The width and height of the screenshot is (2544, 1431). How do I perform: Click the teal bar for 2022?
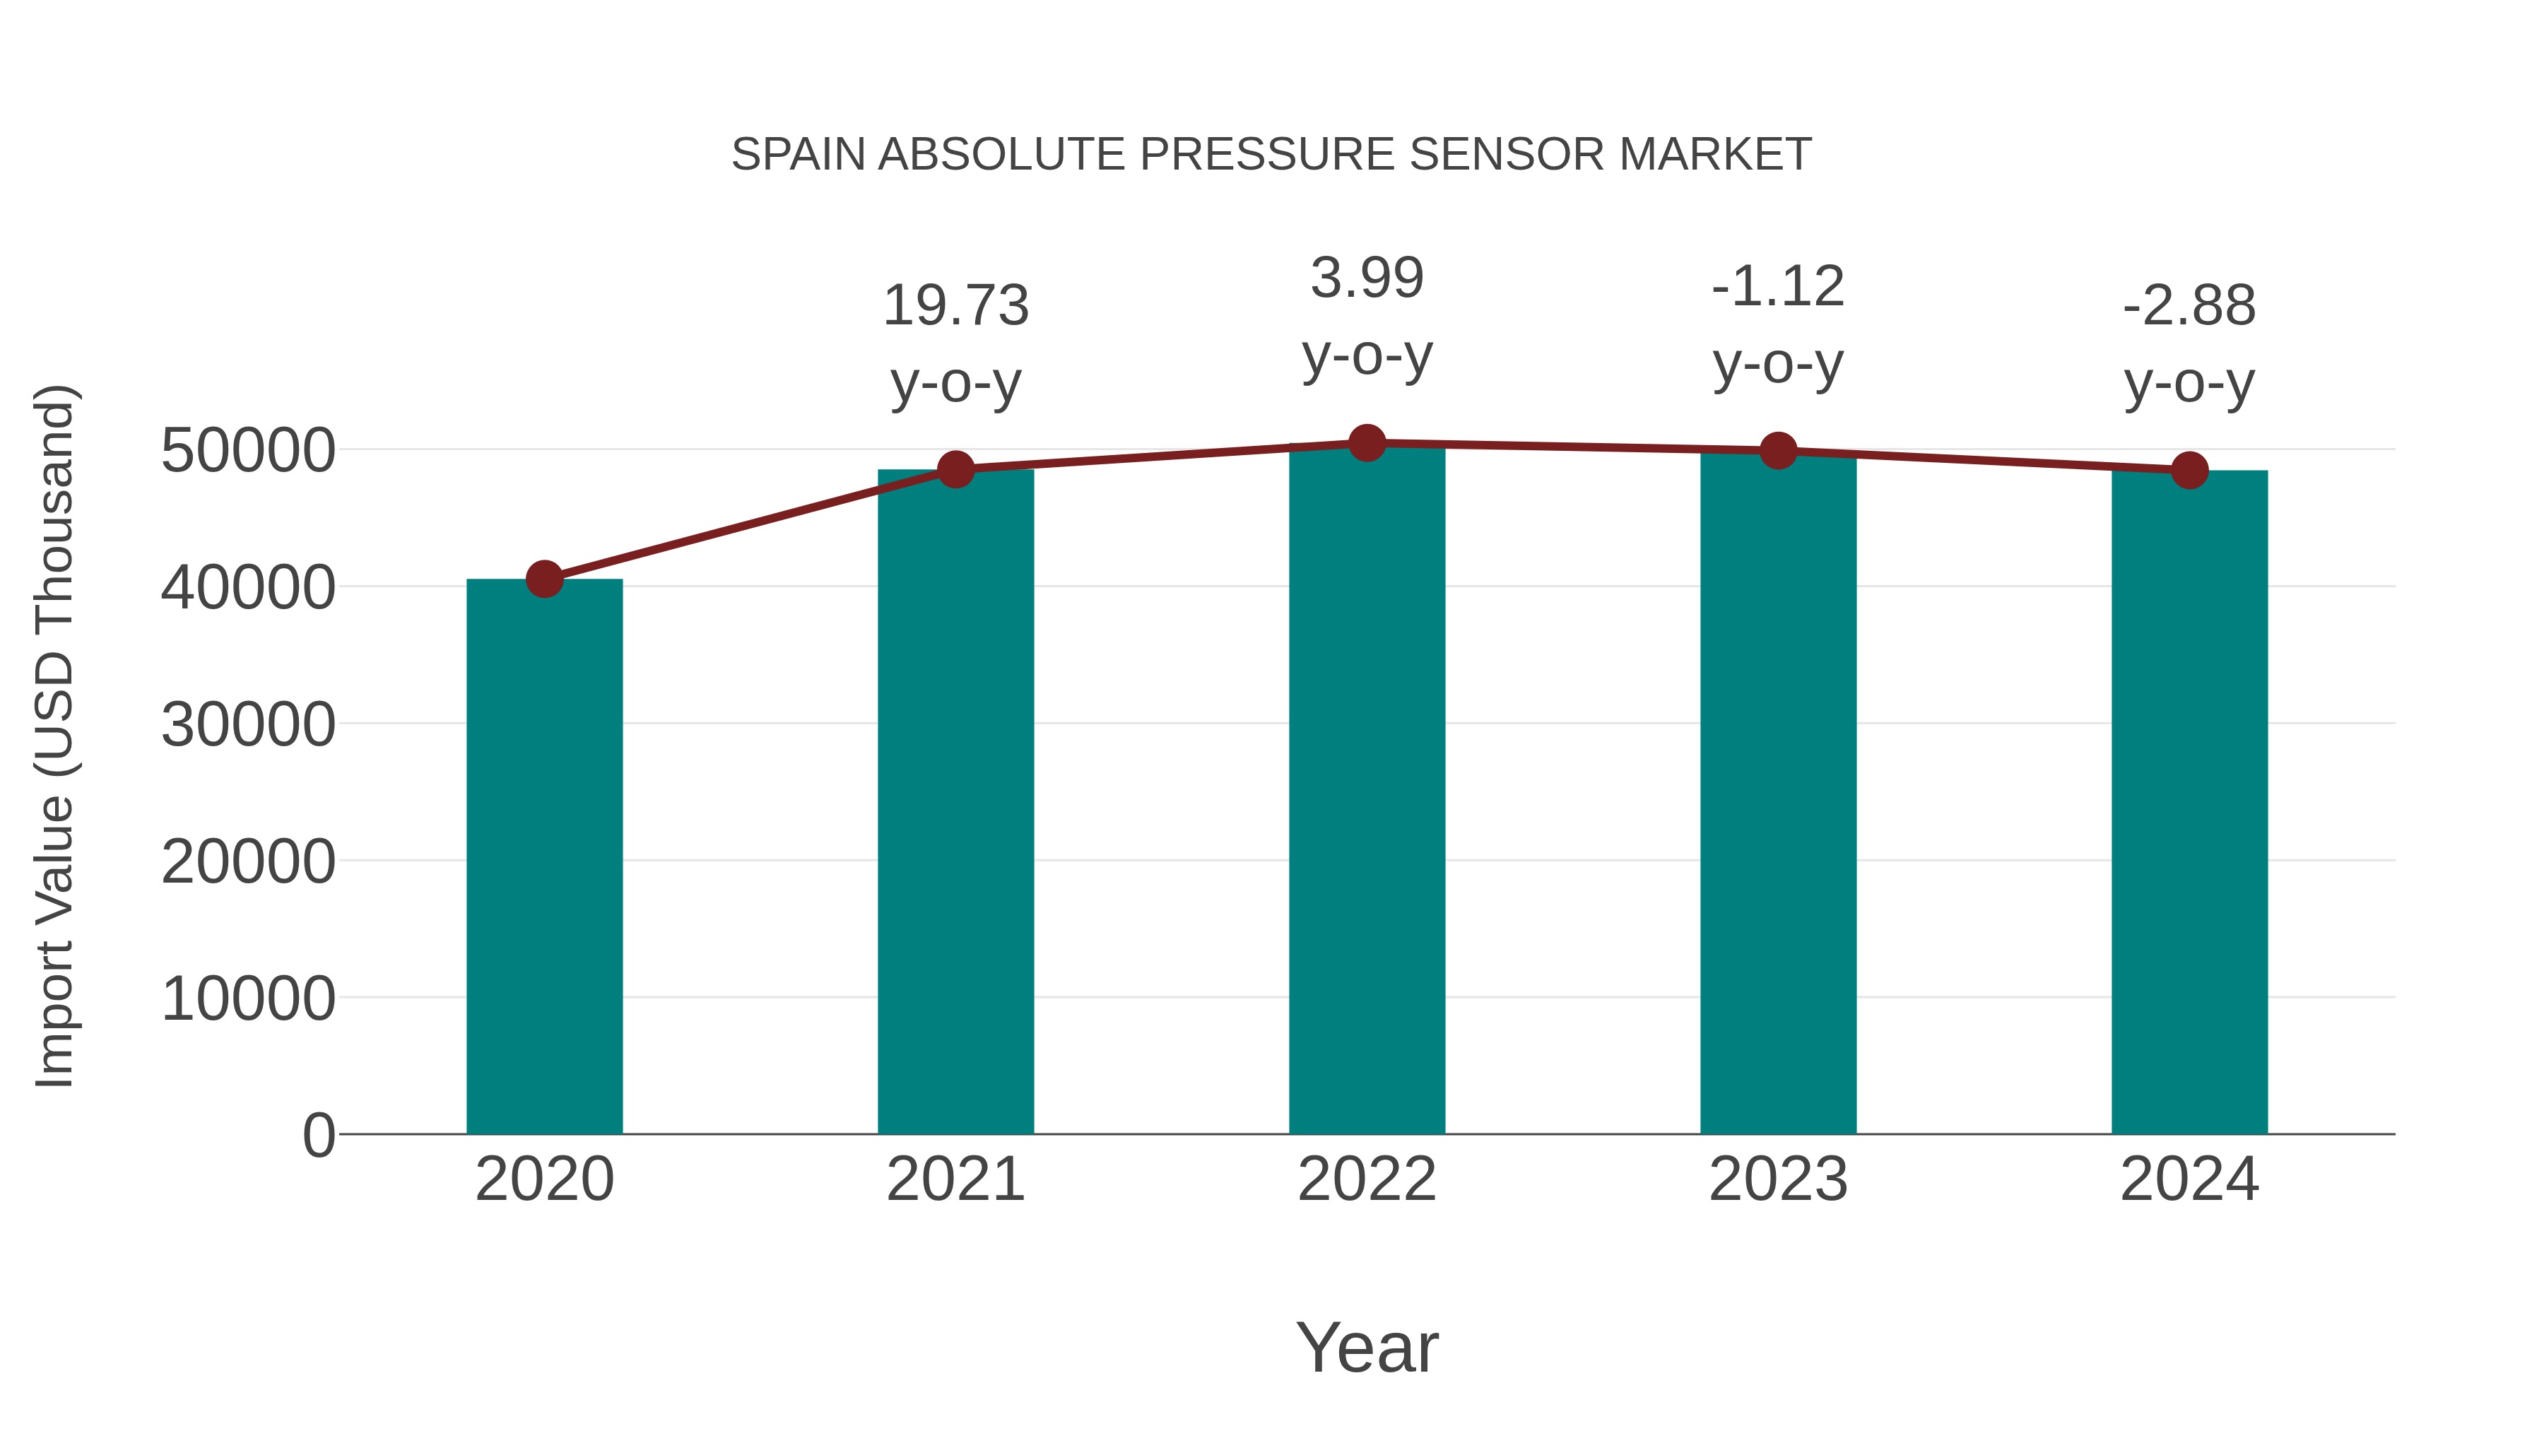tap(1367, 790)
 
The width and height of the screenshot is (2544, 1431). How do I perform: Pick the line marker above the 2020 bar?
tap(544, 579)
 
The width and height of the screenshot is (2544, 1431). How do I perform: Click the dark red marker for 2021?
tap(956, 469)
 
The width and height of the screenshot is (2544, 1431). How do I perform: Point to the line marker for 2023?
tap(1778, 450)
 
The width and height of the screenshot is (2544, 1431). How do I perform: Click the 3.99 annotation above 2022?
tap(1367, 278)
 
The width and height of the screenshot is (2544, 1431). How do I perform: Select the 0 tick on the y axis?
tap(319, 1135)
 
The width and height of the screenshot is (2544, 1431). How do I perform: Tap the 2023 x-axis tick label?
tap(1778, 1179)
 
